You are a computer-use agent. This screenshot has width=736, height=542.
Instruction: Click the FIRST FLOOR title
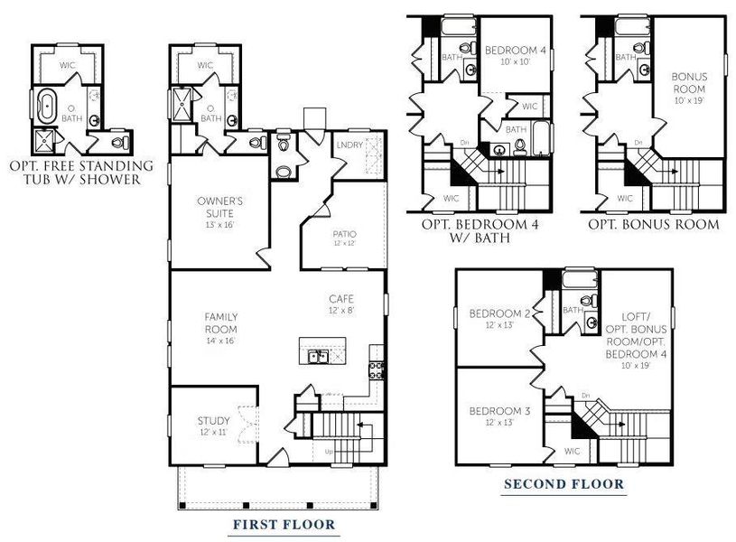(284, 524)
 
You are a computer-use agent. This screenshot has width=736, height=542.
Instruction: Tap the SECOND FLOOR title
(564, 484)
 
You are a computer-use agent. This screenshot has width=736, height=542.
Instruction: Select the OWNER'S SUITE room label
(220, 206)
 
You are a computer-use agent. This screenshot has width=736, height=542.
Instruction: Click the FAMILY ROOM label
(220, 323)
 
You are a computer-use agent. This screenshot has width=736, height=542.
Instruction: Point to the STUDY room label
(214, 420)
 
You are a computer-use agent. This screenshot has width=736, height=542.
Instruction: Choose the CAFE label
(340, 299)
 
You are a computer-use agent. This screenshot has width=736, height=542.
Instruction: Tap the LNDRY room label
(349, 145)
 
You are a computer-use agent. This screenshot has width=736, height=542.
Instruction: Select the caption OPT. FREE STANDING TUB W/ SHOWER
(80, 173)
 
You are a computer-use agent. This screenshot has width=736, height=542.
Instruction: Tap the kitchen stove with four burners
(377, 368)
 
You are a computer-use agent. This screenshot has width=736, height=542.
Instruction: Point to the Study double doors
(240, 422)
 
